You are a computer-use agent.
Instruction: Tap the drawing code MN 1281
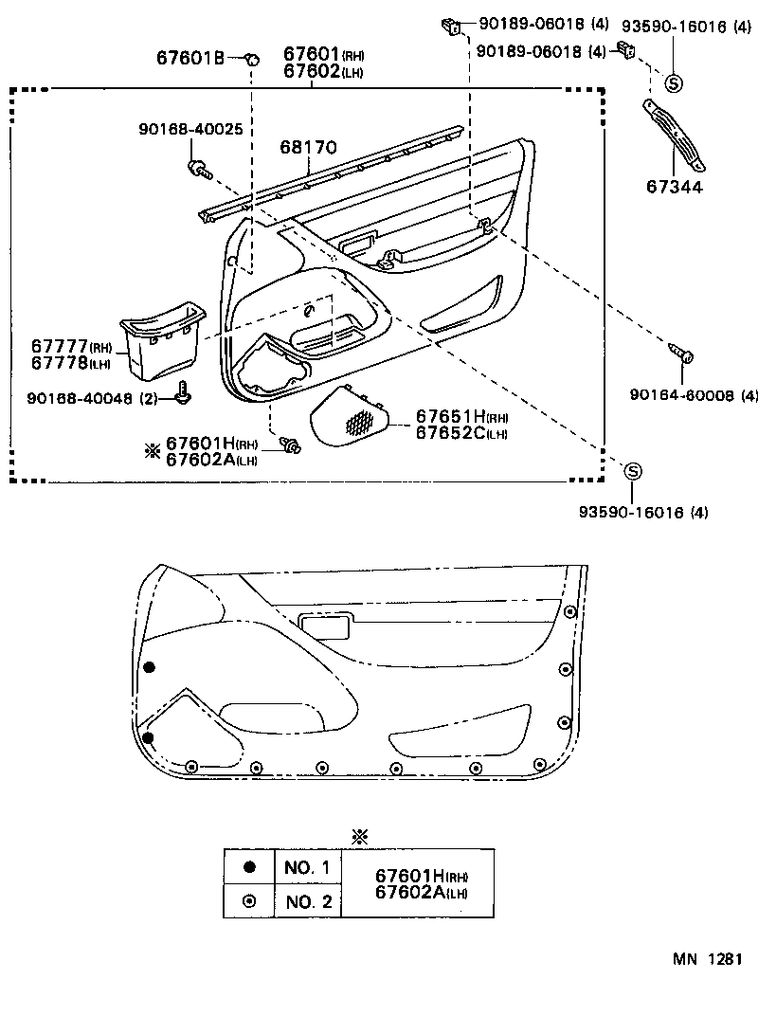click(x=707, y=959)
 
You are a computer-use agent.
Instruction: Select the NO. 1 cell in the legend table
click(x=306, y=867)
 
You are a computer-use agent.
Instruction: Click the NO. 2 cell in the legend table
click(x=306, y=901)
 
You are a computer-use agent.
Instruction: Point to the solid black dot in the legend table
click(x=249, y=866)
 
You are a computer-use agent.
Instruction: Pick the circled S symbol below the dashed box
click(x=633, y=471)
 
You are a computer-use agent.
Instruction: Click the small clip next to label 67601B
click(x=252, y=60)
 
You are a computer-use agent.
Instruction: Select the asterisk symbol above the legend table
click(x=359, y=836)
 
